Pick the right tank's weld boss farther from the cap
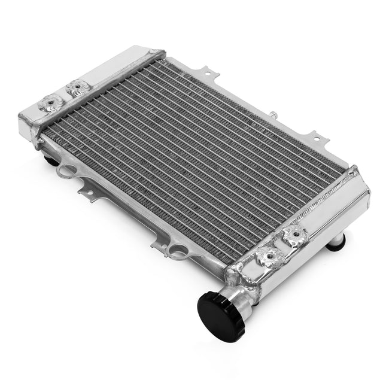pos(294,238)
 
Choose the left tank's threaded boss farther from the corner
pos(78,87)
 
